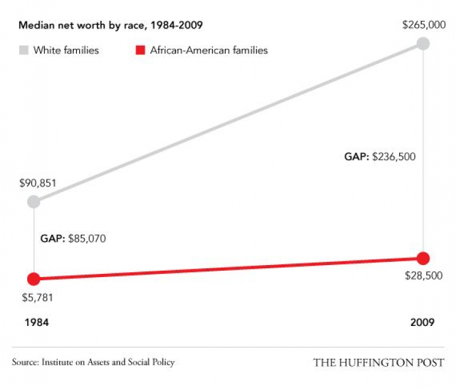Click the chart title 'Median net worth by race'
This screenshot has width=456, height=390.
[x=110, y=26]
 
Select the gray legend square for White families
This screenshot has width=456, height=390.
[x=23, y=50]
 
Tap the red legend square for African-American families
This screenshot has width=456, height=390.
[x=141, y=50]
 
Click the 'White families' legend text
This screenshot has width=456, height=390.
[x=66, y=50]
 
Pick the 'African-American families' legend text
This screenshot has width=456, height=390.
[x=209, y=50]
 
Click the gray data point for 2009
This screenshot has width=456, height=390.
[x=423, y=44]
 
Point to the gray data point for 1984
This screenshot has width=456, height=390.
[x=34, y=202]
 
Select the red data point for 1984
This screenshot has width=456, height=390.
[x=34, y=278]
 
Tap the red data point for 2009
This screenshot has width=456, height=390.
[x=423, y=258]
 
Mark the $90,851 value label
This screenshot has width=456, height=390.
[x=37, y=184]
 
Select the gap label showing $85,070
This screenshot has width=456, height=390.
[x=73, y=240]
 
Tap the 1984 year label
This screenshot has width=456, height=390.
[x=36, y=322]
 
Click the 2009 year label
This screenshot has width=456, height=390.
[x=422, y=322]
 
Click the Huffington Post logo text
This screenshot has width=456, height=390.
[x=378, y=363]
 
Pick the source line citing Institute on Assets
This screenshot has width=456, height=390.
[x=93, y=362]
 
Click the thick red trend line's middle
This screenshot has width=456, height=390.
[x=229, y=268]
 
